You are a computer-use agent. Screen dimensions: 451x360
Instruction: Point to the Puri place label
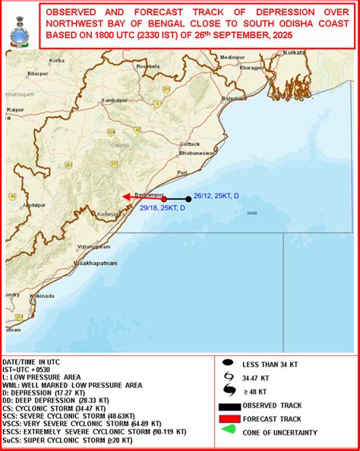[x=181, y=173]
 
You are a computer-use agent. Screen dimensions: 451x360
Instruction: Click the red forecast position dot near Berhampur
[x=163, y=200]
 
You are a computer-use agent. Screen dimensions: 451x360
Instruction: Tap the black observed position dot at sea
[x=188, y=200]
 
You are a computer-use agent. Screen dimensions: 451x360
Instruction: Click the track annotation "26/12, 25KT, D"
[x=216, y=197]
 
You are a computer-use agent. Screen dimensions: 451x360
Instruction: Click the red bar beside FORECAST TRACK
[x=228, y=419]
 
